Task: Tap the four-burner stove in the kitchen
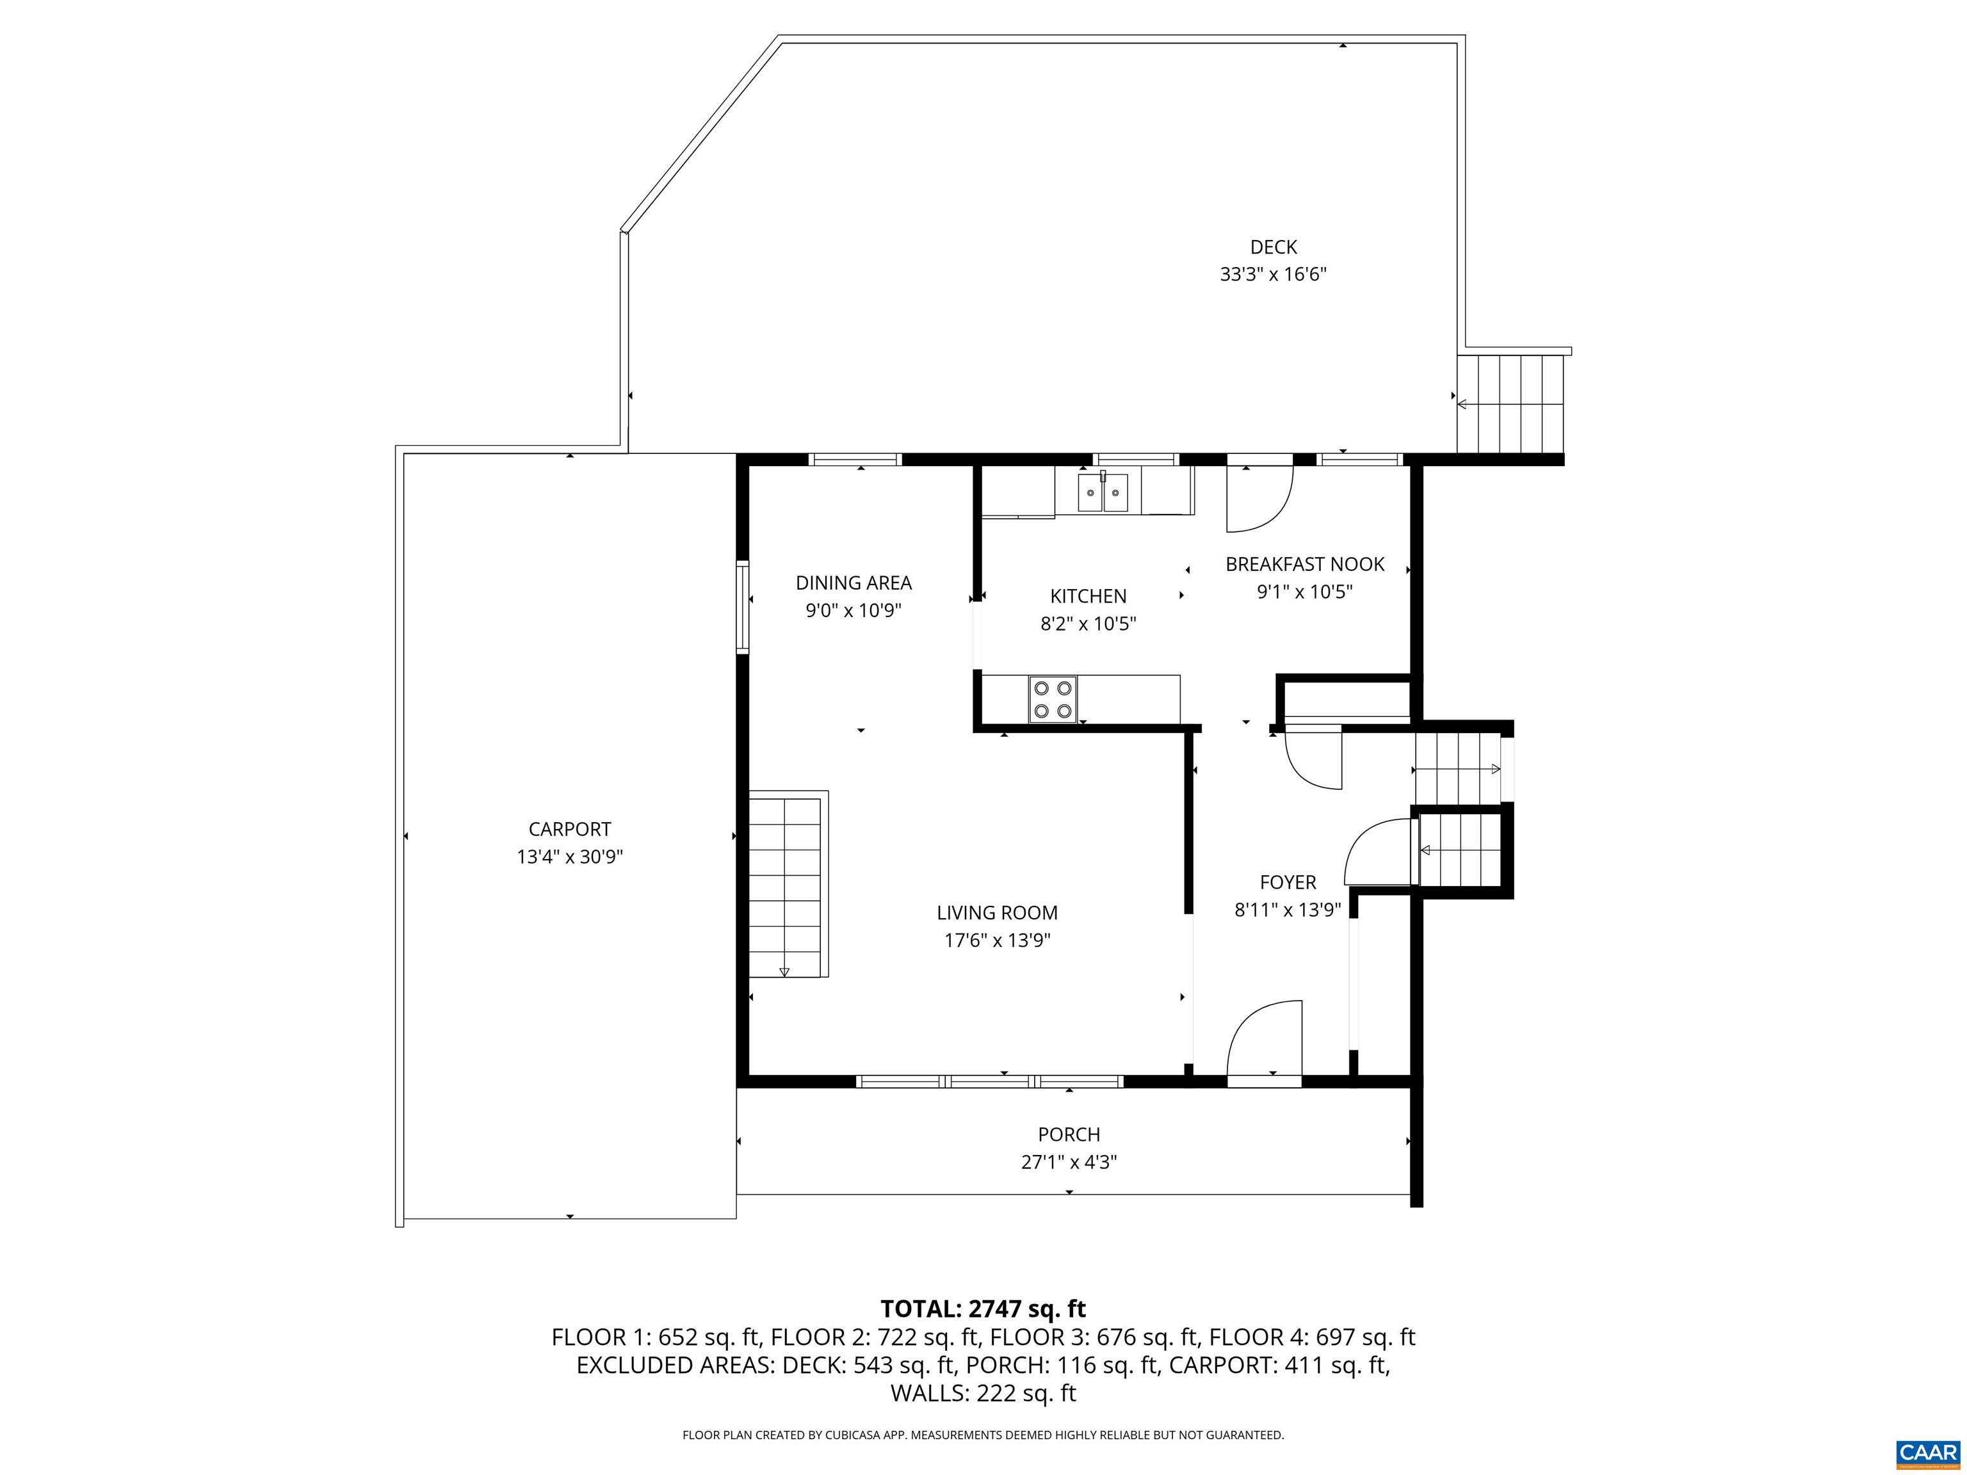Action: pyautogui.click(x=1053, y=699)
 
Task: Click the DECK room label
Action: pyautogui.click(x=1274, y=247)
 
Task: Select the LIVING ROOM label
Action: pyautogui.click(x=997, y=912)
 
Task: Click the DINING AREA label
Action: pyautogui.click(x=854, y=583)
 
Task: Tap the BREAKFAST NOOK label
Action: pyautogui.click(x=1304, y=563)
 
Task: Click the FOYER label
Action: pyautogui.click(x=1288, y=882)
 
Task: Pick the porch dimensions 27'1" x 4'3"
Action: pyautogui.click(x=1069, y=1162)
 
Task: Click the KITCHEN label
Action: pyautogui.click(x=1089, y=595)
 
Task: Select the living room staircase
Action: pyautogui.click(x=788, y=883)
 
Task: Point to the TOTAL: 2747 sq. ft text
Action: pyautogui.click(x=983, y=1309)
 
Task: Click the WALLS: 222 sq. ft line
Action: pyautogui.click(x=983, y=1393)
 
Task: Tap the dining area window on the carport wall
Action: pyautogui.click(x=741, y=608)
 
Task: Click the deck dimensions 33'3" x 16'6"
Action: pyautogui.click(x=1274, y=274)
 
